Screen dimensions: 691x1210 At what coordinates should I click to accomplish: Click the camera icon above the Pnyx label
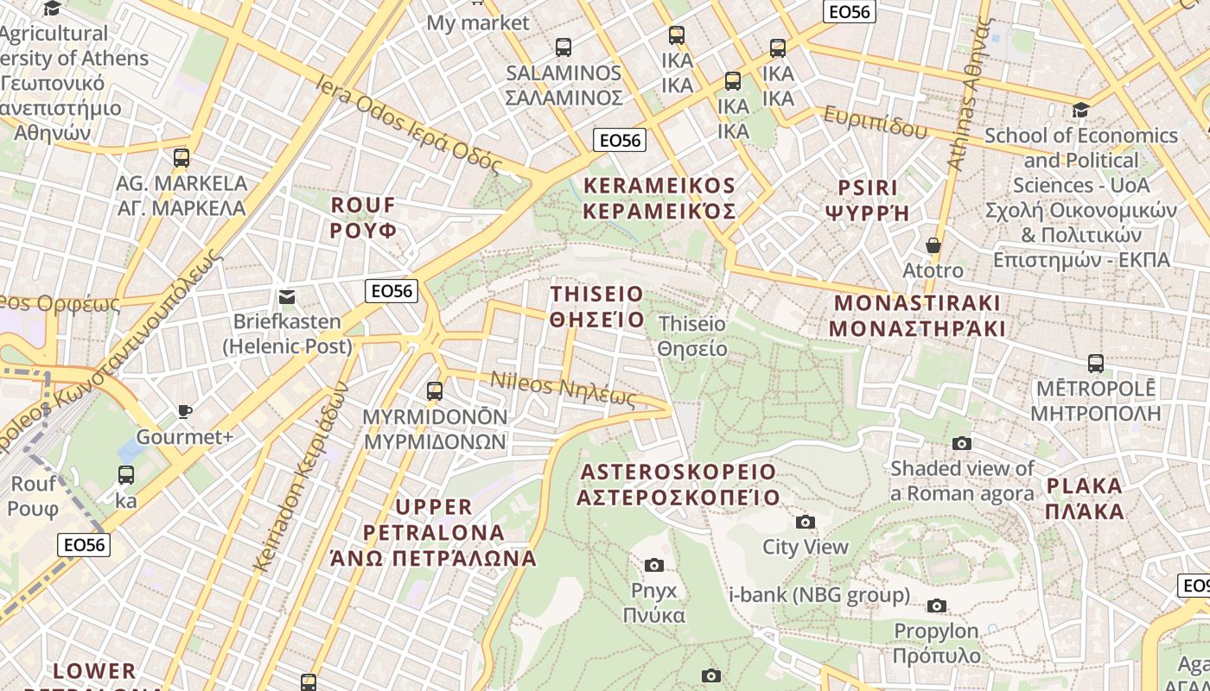(x=654, y=565)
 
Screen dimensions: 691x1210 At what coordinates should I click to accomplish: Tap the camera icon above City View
(x=805, y=522)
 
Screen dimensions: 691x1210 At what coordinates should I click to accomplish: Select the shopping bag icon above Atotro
(x=933, y=245)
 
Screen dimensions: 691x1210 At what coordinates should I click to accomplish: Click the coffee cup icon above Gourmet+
(x=184, y=411)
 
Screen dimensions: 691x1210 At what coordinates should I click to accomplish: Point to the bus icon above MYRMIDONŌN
(x=435, y=391)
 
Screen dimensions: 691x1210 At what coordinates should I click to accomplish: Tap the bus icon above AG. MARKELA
(x=181, y=158)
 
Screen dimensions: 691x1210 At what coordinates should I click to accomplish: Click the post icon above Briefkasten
(x=287, y=297)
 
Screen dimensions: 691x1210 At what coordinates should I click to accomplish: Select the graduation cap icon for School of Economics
(x=1080, y=110)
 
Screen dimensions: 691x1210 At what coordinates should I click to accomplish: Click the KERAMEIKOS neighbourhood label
(x=659, y=199)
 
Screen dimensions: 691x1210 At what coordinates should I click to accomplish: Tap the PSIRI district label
(x=868, y=200)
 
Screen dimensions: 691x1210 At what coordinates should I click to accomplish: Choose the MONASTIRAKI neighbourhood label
(x=917, y=315)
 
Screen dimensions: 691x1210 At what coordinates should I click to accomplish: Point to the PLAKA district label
(x=1085, y=498)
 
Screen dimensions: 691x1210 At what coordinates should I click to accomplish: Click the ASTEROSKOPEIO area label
(x=678, y=485)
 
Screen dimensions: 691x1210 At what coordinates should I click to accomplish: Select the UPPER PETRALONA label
(x=434, y=532)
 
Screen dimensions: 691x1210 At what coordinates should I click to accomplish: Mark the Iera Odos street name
(x=410, y=122)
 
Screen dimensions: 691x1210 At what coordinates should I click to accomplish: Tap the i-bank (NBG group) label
(x=819, y=595)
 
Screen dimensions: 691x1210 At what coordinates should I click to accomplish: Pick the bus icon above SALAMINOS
(x=564, y=48)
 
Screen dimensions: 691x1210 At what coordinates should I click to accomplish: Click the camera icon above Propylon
(x=937, y=605)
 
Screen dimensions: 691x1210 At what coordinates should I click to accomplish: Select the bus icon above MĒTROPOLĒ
(x=1095, y=364)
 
